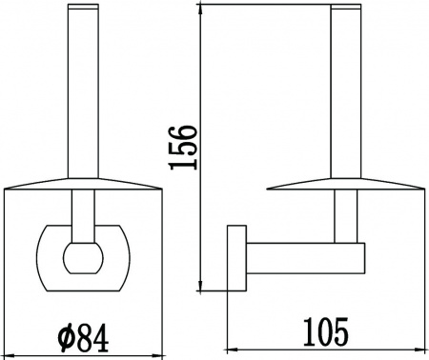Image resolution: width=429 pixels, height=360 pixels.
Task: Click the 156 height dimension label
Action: point(183,148)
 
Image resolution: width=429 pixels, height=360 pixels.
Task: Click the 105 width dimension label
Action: point(326,332)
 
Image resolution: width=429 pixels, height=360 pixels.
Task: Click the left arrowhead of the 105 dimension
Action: point(232,350)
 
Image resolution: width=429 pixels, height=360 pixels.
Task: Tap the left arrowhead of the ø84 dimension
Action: point(10,354)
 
